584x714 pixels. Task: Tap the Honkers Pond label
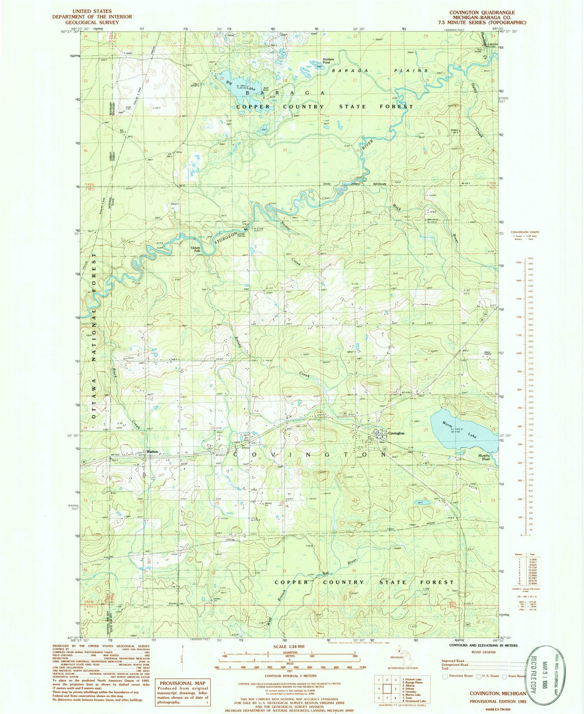point(329,61)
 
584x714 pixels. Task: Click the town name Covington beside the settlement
point(396,433)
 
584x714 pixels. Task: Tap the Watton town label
point(152,452)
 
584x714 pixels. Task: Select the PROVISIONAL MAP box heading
point(181,683)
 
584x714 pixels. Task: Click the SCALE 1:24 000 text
point(289,646)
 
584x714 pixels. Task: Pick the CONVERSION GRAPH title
point(524,232)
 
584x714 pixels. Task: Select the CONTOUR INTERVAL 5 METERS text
point(289,676)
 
